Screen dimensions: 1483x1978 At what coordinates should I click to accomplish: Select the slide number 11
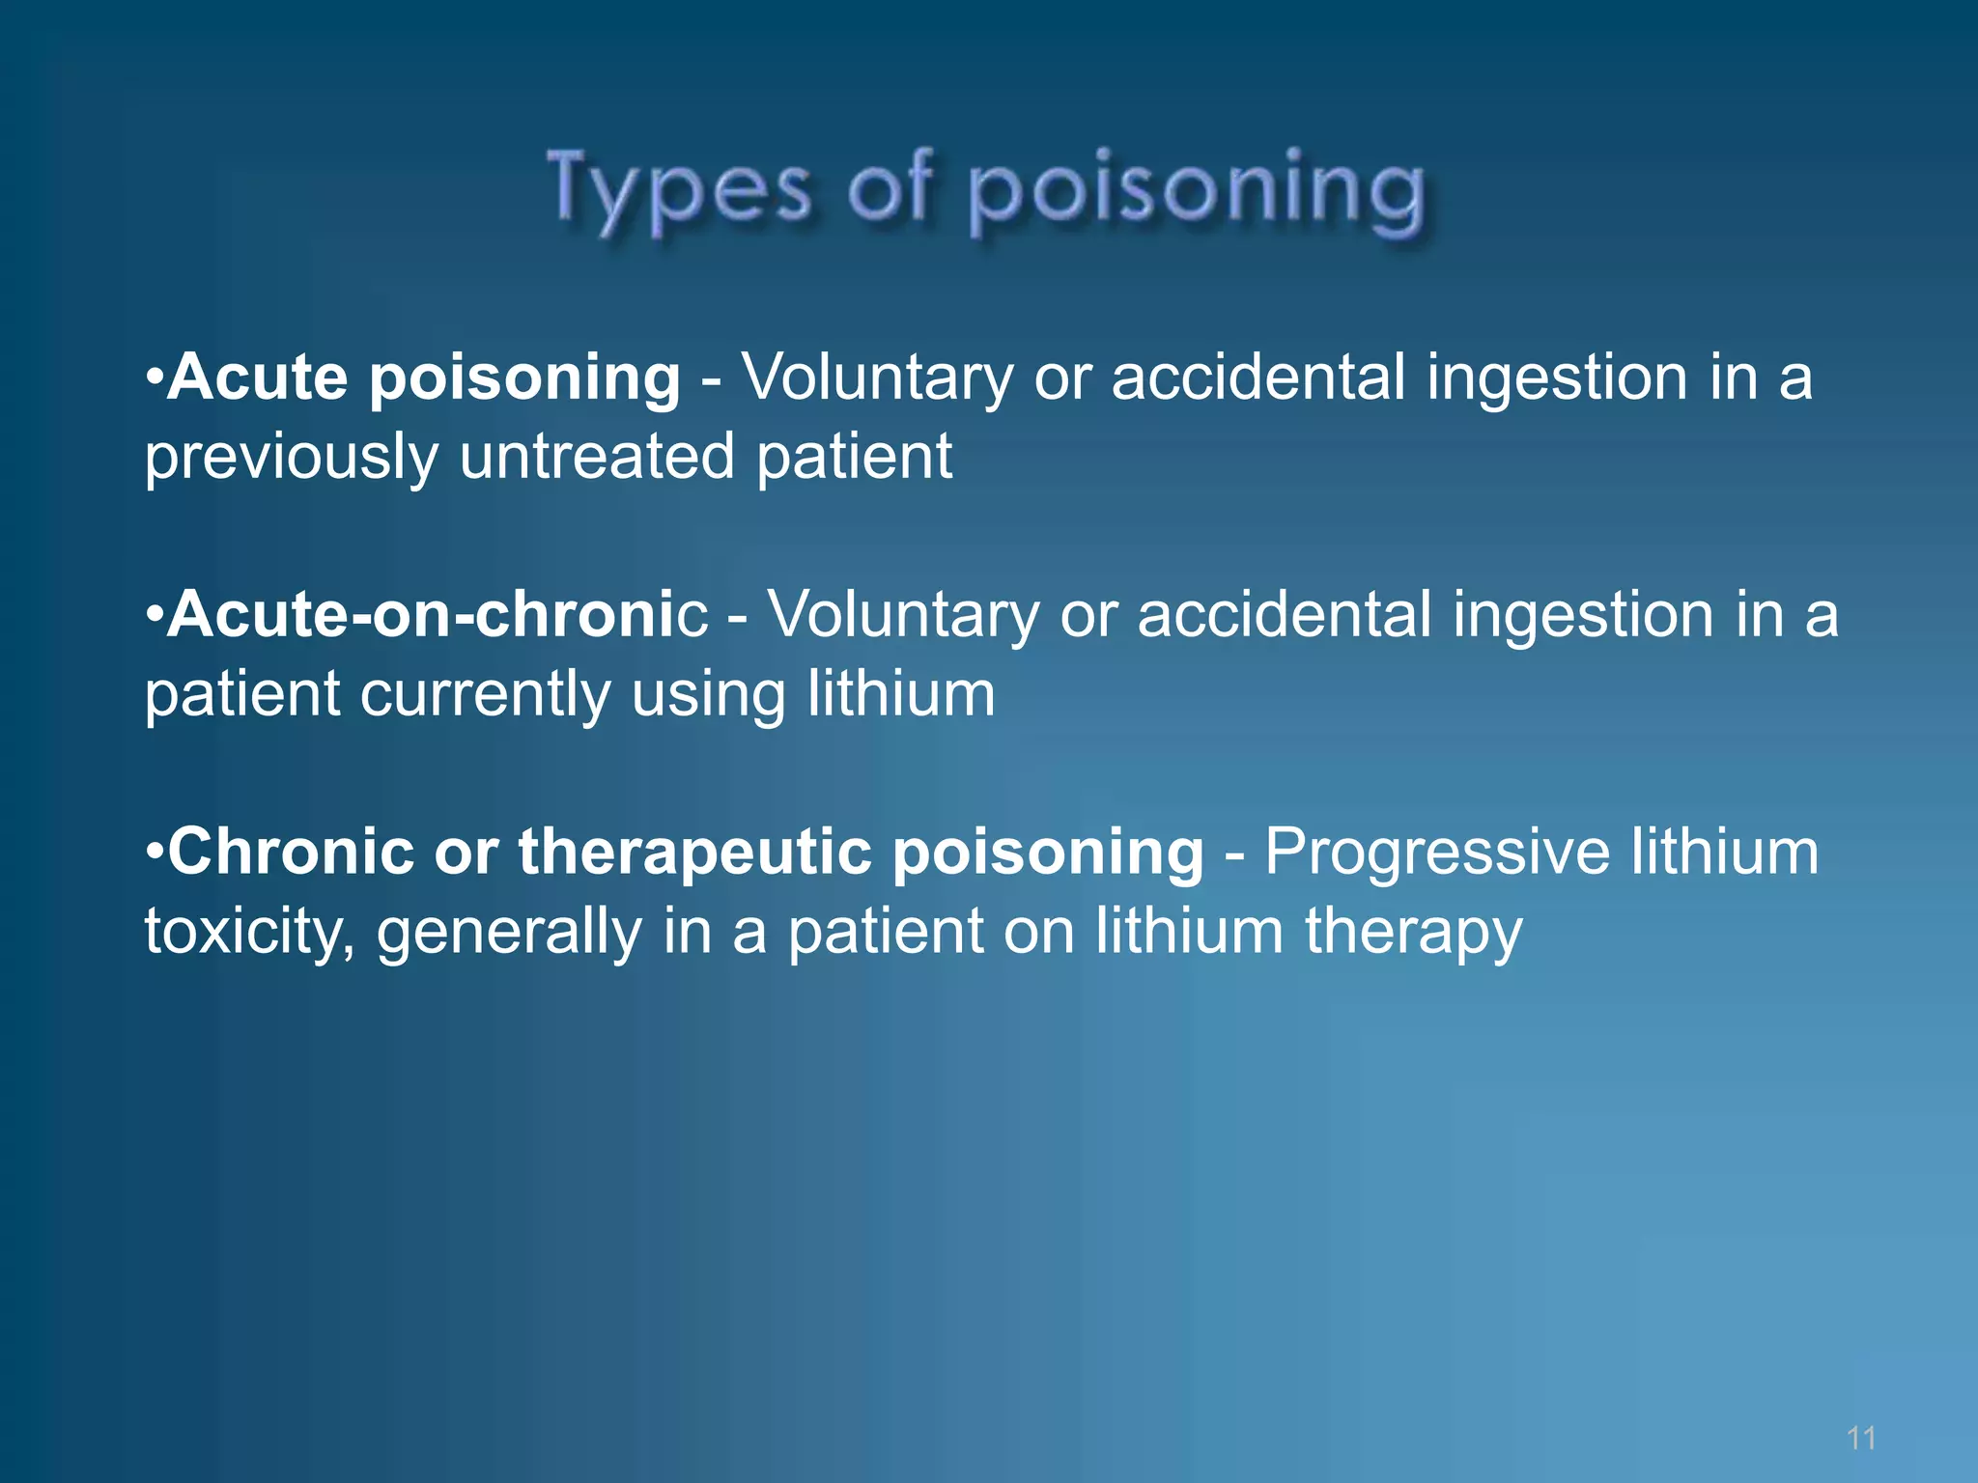(x=1860, y=1438)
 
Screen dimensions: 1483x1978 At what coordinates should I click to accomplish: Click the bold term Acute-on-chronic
(x=438, y=614)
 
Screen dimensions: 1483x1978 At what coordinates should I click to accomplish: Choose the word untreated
(x=597, y=457)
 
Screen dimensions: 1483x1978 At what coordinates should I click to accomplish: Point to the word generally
(x=509, y=932)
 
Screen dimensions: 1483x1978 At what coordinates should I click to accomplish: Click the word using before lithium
(x=708, y=694)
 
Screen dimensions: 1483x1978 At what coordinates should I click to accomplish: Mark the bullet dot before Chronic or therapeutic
(x=155, y=853)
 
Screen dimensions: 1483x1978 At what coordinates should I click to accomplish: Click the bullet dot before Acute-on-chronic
(x=155, y=615)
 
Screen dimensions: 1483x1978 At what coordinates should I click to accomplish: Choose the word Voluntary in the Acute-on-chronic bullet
(x=903, y=614)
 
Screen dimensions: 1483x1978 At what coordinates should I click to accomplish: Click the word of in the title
(x=890, y=189)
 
